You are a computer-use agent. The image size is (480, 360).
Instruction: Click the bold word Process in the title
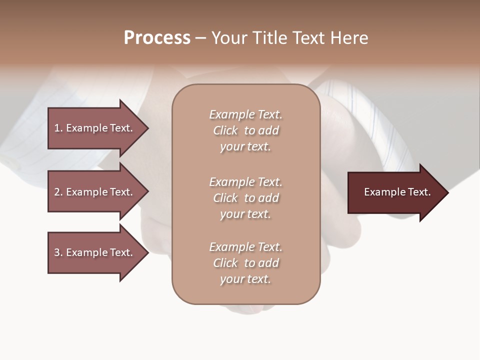tap(157, 38)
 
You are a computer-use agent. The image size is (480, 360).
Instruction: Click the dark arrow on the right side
tap(395, 192)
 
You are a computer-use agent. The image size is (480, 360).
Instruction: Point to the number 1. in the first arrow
tap(58, 128)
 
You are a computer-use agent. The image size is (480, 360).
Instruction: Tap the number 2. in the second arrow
tap(58, 192)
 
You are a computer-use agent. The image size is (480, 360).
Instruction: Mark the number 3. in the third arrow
tap(58, 252)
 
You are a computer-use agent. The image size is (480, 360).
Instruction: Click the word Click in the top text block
tap(225, 130)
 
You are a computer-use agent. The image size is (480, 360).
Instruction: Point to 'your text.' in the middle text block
tap(245, 214)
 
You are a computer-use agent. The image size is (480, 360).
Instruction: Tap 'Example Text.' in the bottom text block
tap(245, 247)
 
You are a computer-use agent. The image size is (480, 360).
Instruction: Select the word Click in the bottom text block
tap(225, 263)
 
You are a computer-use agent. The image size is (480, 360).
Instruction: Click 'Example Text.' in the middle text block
tap(245, 182)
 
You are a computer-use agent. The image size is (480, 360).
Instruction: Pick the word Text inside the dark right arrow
tap(419, 192)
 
